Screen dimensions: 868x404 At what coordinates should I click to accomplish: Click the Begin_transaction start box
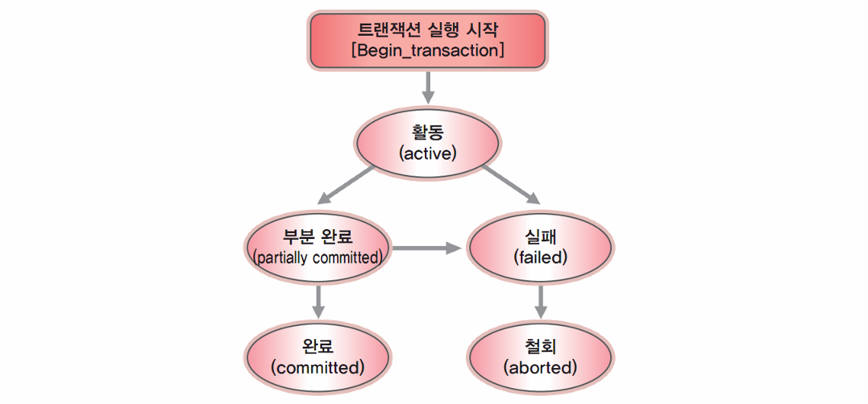428,40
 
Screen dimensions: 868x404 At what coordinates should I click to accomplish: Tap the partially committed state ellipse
318,247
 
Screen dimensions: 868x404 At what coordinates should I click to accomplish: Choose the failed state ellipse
540,247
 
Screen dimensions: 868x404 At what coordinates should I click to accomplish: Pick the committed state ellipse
318,357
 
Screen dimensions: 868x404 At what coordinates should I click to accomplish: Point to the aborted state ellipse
540,357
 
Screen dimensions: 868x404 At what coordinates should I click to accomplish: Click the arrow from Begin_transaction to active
428,88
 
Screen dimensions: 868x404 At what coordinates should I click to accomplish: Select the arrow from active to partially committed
347,185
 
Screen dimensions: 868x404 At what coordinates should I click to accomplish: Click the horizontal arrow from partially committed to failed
426,248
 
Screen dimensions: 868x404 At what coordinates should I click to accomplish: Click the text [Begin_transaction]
427,50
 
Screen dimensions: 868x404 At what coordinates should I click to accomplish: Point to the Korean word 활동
427,134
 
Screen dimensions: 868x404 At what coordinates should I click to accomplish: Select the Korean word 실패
540,237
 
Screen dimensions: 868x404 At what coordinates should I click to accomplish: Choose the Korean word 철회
540,347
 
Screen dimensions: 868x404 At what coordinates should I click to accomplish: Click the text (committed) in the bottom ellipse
318,367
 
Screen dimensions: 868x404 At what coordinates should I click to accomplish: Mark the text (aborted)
540,367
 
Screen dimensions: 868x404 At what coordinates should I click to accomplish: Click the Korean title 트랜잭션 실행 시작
427,27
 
